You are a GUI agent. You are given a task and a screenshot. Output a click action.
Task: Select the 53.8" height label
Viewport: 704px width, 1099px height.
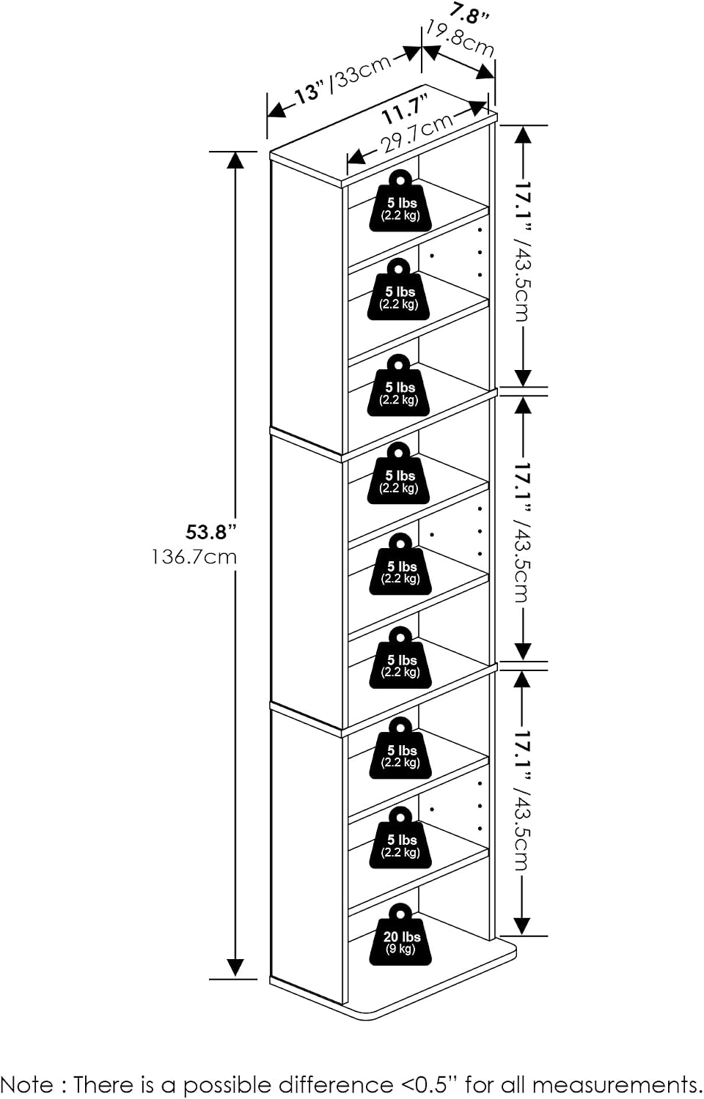point(211,533)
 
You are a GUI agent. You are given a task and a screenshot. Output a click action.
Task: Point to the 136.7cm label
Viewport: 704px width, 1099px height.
point(194,557)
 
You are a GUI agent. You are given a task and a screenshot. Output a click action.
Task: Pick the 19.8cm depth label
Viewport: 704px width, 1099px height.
point(460,39)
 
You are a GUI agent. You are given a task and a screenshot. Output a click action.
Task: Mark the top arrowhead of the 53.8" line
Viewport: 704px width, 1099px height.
point(235,160)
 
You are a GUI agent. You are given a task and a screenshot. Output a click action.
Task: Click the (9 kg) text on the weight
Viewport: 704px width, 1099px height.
point(400,948)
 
